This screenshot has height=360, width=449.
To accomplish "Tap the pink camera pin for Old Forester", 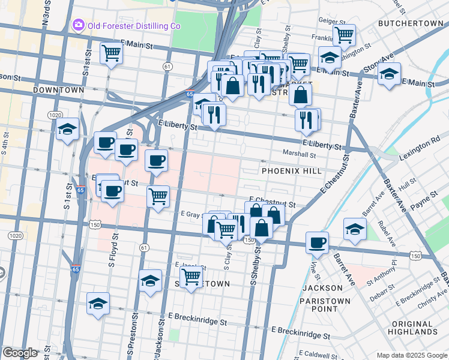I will pyautogui.click(x=78, y=25).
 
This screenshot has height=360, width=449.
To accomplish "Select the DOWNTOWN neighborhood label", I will pyautogui.click(x=59, y=90).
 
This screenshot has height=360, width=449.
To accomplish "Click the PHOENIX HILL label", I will pyautogui.click(x=288, y=171).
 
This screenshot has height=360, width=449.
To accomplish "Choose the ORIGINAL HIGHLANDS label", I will pyautogui.click(x=413, y=328).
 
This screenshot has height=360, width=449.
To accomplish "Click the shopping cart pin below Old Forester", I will pyautogui.click(x=112, y=53).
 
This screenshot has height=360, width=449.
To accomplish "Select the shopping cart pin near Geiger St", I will pyautogui.click(x=344, y=34).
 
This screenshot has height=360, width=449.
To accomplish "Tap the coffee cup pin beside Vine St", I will pyautogui.click(x=317, y=242).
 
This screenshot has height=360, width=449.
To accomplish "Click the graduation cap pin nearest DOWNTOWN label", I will pyautogui.click(x=68, y=128).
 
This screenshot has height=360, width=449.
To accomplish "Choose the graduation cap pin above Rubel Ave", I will pyautogui.click(x=355, y=229).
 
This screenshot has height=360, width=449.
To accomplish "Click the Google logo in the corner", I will pyautogui.click(x=20, y=353).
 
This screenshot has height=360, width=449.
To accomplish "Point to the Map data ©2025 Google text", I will pyautogui.click(x=411, y=355).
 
